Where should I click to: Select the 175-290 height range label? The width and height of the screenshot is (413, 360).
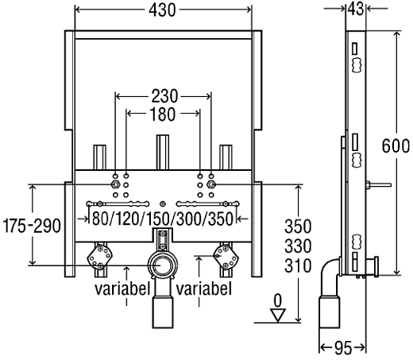pyautogui.click(x=31, y=226)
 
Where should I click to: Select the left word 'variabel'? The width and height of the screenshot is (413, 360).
pyautogui.click(x=122, y=287)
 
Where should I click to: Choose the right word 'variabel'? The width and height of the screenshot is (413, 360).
pyautogui.click(x=205, y=287)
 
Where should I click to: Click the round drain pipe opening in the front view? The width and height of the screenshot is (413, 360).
pyautogui.click(x=163, y=265)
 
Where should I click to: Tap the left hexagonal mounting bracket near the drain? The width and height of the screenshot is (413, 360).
pyautogui.click(x=102, y=256)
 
